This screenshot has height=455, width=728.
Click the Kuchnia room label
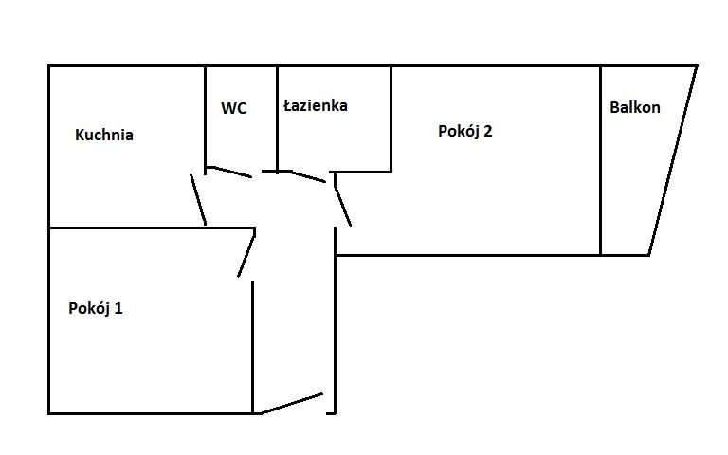tap(104, 135)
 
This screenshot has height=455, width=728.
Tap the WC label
tap(233, 108)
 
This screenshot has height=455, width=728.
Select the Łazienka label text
tap(316, 105)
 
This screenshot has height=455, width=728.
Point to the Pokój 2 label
tap(464, 131)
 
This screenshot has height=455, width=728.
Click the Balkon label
tap(635, 107)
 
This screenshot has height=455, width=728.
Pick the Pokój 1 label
tap(95, 308)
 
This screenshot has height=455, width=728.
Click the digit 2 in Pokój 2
tap(487, 131)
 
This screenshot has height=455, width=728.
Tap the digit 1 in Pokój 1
tap(118, 308)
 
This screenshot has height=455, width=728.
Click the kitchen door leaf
tap(198, 200)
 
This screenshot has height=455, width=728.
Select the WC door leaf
tap(228, 172)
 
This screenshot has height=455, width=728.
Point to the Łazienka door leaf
tap(308, 176)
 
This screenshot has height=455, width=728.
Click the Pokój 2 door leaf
tap(342, 205)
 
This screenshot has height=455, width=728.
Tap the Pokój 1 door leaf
tap(246, 254)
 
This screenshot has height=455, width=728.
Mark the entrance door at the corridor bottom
tap(292, 404)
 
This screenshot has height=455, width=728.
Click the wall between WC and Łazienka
tap(277, 119)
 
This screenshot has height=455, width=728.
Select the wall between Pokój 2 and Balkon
tap(600, 160)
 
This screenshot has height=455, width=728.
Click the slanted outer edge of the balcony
tap(673, 160)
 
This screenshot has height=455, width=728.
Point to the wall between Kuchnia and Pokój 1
tap(152, 227)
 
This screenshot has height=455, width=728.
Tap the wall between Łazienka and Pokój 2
tap(391, 119)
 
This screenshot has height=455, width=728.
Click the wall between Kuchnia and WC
tap(205, 120)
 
